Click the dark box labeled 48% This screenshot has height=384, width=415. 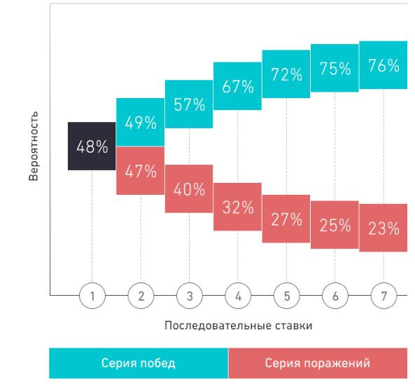point(92,146)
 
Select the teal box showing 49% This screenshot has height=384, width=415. point(140,123)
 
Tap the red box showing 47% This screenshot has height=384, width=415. point(140,170)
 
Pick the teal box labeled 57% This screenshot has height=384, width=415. point(189,104)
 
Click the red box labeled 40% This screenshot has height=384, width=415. point(189,188)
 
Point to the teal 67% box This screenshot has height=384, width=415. point(238,86)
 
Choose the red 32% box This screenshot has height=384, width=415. point(238,207)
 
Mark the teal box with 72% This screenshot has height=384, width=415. point(286,74)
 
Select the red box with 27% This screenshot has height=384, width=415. point(286,219)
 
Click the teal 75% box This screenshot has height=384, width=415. point(335,68)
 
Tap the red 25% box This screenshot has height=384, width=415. point(335,225)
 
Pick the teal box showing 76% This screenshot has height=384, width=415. point(383,65)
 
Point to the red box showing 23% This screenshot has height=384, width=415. point(383,228)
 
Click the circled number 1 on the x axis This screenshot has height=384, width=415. point(92,296)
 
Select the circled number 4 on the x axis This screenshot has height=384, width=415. point(238,296)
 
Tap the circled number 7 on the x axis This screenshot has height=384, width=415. point(384,296)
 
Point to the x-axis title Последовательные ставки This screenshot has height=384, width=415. point(228,326)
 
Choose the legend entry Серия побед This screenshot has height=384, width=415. point(139,363)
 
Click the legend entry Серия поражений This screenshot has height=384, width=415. point(318,363)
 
